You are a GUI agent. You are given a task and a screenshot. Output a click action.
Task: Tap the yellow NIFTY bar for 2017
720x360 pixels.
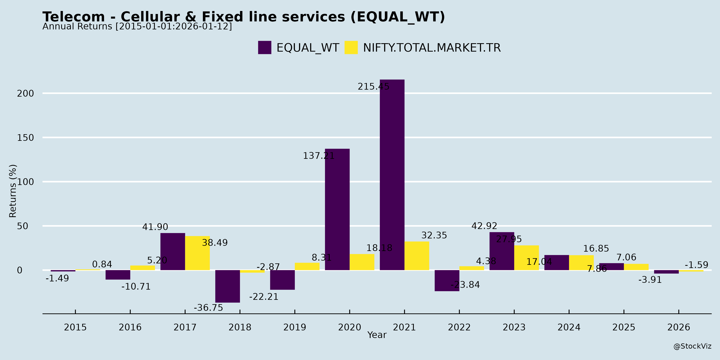coord(197,253)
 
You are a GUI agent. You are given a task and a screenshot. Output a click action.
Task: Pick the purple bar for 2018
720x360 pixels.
coord(228,286)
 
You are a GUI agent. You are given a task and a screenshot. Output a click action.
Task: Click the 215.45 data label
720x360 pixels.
coord(373,87)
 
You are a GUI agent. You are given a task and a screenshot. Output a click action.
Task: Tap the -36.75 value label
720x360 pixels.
coord(209,308)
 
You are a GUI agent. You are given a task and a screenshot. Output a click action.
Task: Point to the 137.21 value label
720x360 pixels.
coord(319,156)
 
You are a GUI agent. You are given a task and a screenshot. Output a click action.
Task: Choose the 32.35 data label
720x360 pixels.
coord(434,235)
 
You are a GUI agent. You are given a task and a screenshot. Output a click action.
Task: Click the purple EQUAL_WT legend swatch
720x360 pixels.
coord(264,48)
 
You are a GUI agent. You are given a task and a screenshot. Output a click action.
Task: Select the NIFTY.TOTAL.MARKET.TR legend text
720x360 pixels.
coord(432,48)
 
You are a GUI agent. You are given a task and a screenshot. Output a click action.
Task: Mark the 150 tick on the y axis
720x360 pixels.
coord(25,138)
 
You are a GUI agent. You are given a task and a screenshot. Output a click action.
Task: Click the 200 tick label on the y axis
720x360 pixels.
coord(25,93)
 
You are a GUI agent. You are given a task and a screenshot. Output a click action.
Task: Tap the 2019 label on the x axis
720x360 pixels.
coord(295,327)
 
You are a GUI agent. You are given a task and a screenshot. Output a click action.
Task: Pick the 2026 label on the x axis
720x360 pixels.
coord(679,327)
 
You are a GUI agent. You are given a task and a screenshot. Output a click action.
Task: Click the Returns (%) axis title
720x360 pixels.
coord(13,191)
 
